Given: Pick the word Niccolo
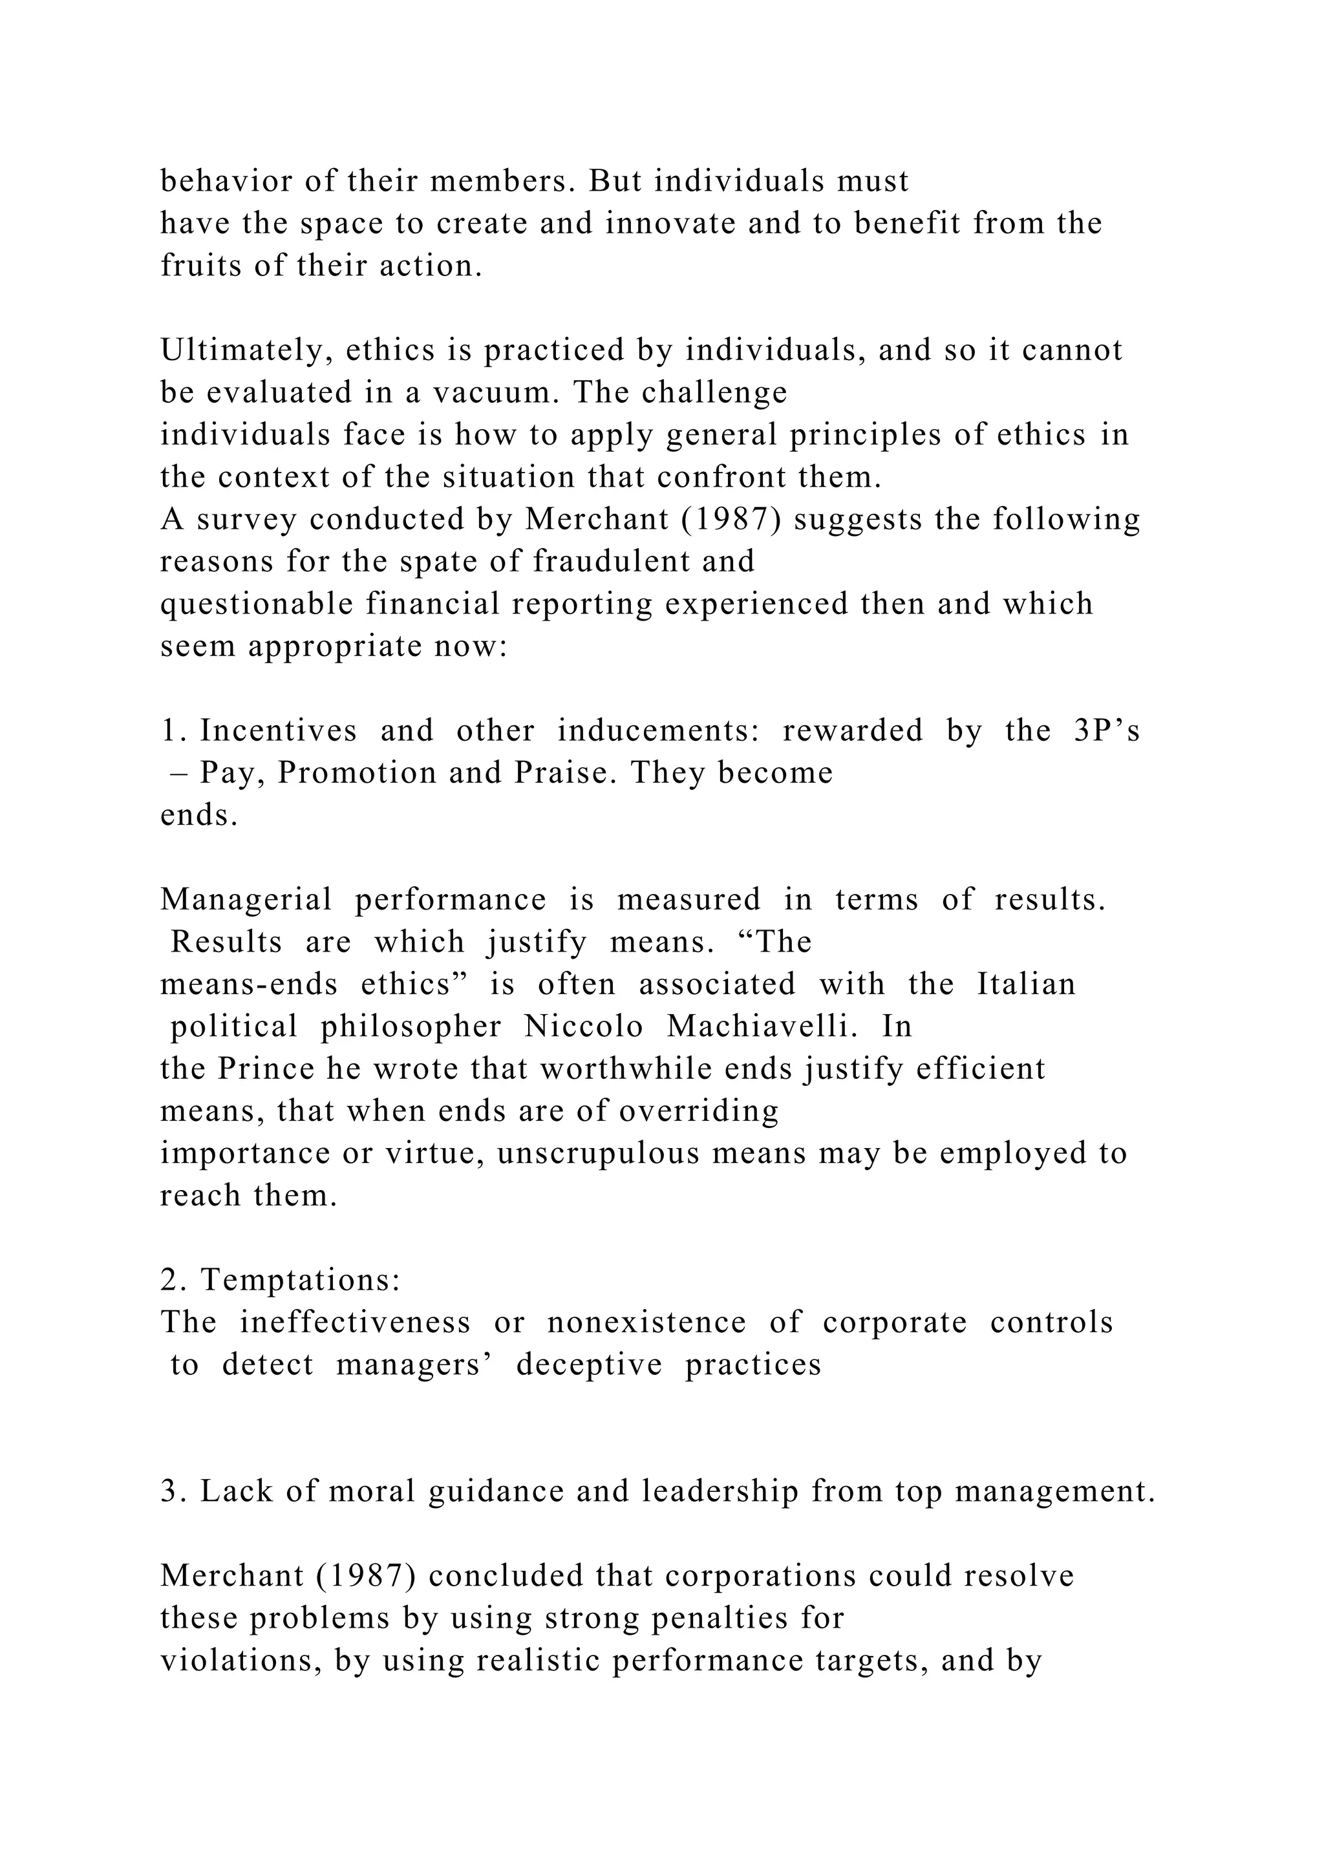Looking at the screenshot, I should pos(584,1027).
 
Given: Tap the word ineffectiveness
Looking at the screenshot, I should pos(355,1323).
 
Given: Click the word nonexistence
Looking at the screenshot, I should pos(646,1323).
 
